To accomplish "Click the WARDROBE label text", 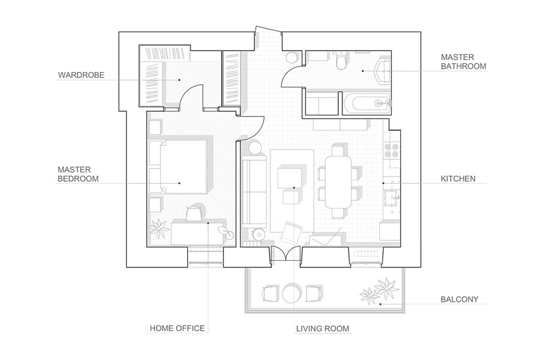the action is coord(81,75).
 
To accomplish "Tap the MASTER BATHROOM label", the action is coord(463,62).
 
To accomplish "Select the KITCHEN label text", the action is coord(458,179).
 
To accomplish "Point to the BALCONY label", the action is coord(459,299).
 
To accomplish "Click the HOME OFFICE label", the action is coord(177,328).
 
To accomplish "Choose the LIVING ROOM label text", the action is coord(323,328).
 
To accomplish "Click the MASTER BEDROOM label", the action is coord(78,174).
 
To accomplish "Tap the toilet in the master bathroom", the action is coord(341,60).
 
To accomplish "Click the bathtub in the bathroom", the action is coord(366,103).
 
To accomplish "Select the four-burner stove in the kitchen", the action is coord(391,150).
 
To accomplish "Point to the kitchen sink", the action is coord(391,198).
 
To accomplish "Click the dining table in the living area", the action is coord(338,182).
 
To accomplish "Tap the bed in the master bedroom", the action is coord(178,166).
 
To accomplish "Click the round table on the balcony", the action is coord(292,294).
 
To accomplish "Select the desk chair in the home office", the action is coord(193,213).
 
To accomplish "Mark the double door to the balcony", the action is coord(286,253).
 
